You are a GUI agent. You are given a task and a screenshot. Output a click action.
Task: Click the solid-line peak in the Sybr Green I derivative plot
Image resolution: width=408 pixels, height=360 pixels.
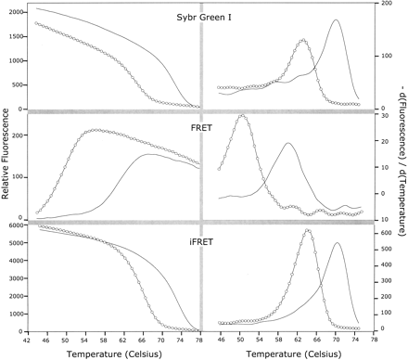336,20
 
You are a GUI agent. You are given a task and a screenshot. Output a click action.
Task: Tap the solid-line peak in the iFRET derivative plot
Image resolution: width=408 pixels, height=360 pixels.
338,244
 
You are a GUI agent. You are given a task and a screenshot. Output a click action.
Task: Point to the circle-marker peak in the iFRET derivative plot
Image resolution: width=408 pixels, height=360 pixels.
307,230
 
